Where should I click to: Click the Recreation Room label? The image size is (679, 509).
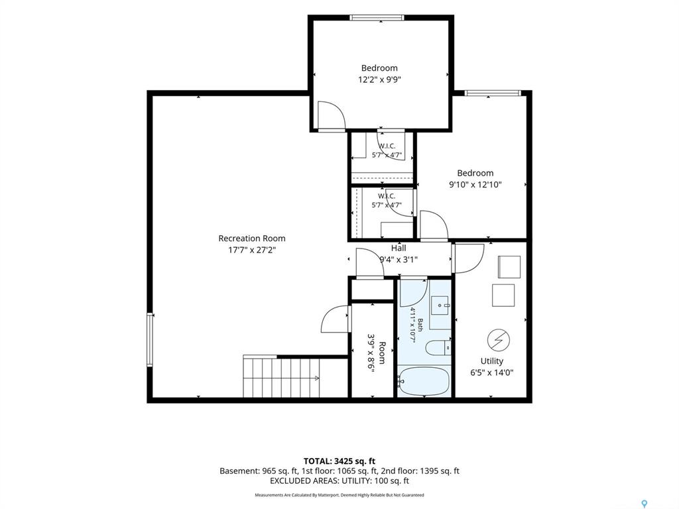pos(251,238)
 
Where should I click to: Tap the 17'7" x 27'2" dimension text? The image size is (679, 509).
pos(251,250)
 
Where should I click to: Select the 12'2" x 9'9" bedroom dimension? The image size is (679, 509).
pos(379,80)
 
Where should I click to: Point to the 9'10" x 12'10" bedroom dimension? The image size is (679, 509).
pos(475,185)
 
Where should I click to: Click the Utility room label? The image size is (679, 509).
pos(491,361)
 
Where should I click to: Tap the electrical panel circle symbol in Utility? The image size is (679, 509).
pos(499,339)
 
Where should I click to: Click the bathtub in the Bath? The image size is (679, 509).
pos(424,381)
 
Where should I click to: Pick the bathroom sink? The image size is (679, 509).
pos(441,306)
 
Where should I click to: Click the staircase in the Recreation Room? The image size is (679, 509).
pos(281,376)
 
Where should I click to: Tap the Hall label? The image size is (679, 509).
pos(399,248)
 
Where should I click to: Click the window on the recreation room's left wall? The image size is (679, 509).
pos(150,340)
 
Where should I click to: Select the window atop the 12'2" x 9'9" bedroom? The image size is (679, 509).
pos(377,18)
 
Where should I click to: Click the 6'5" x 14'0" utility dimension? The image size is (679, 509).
pos(492,372)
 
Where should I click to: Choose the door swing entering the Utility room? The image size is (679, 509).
pos(468,258)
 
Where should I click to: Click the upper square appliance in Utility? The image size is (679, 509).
pos(509,266)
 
